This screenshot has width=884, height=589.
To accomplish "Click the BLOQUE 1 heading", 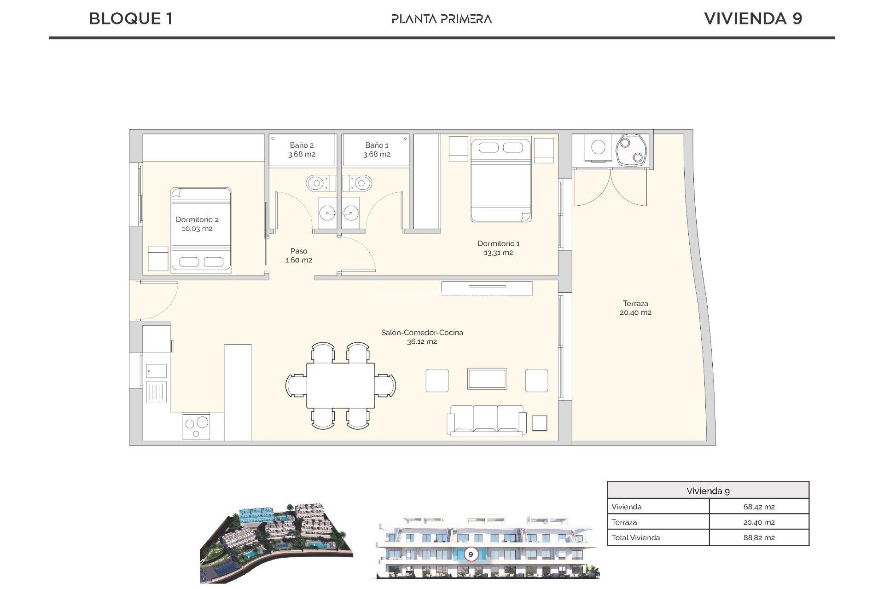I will [131, 19].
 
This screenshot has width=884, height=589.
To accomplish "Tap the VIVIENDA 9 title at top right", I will [753, 19].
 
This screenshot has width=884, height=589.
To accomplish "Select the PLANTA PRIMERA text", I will [442, 19].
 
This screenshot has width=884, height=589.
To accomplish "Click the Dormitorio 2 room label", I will [197, 224].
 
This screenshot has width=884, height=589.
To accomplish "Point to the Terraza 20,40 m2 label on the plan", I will [635, 308].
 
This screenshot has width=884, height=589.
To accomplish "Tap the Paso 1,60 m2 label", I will [299, 255].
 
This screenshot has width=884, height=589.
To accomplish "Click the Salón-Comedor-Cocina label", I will [422, 337].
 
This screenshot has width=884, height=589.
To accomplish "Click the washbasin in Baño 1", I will [350, 213].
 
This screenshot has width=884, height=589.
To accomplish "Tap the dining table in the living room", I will [341, 385].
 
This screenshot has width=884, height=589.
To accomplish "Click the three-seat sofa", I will [487, 420].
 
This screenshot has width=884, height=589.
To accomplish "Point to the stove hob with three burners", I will [197, 426].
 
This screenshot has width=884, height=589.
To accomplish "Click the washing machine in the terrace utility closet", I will [598, 147].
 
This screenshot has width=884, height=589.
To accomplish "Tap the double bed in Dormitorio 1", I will [501, 180].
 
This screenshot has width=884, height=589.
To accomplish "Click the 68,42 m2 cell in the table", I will [758, 507].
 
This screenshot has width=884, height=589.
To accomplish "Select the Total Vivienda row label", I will [635, 537].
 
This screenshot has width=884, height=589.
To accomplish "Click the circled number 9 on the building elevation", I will [471, 554].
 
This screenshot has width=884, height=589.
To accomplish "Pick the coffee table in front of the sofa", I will [487, 379].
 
